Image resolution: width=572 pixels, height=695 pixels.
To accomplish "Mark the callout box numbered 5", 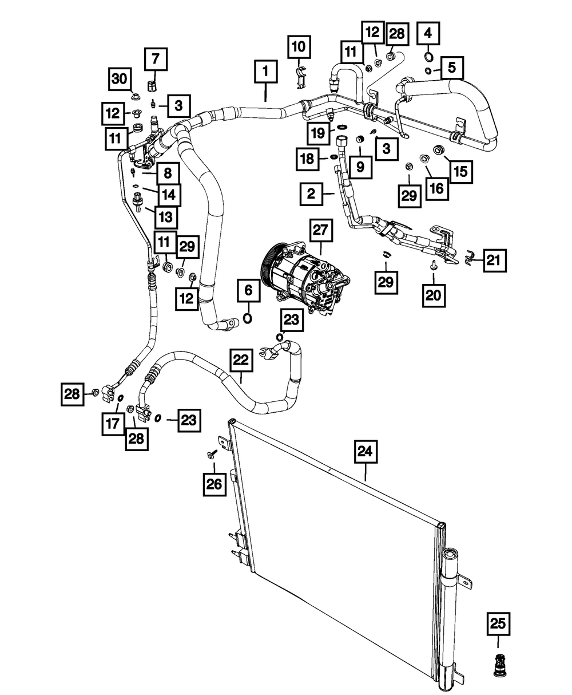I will pos(452,69).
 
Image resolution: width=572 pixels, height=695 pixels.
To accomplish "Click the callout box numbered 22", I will pos(242,360).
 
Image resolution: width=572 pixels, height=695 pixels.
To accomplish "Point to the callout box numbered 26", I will pos(213,484).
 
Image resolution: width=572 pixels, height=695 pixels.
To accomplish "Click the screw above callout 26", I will pos(213,453).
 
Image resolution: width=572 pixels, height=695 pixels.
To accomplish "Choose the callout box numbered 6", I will pos(248,291).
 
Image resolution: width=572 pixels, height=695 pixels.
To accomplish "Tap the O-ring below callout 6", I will pos(248,318).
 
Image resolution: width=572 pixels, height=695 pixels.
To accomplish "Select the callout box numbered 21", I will pos(493,261).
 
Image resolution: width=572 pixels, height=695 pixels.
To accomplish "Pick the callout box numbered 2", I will pos(312,195).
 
